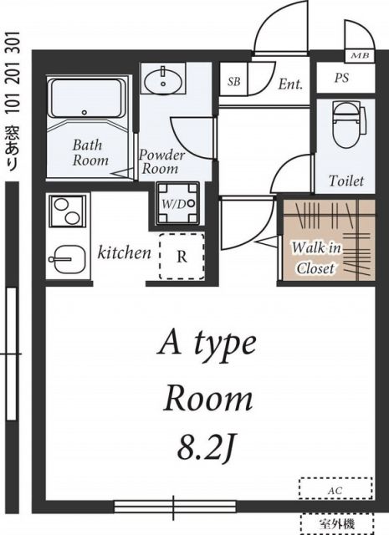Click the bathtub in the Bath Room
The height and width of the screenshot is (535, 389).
pyautogui.click(x=87, y=101)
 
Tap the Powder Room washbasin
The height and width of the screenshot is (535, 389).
pyautogui.click(x=165, y=81)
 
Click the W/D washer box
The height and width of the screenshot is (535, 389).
pyautogui.click(x=179, y=202)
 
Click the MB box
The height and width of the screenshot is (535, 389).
pyautogui.click(x=361, y=56)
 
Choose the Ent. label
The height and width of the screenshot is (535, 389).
pyautogui.click(x=289, y=84)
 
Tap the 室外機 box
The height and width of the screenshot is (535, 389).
pyautogui.click(x=336, y=522)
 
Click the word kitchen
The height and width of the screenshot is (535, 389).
pyautogui.click(x=125, y=252)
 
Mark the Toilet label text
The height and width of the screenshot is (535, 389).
pyautogui.click(x=345, y=181)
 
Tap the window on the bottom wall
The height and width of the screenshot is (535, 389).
pyautogui.click(x=175, y=505)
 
